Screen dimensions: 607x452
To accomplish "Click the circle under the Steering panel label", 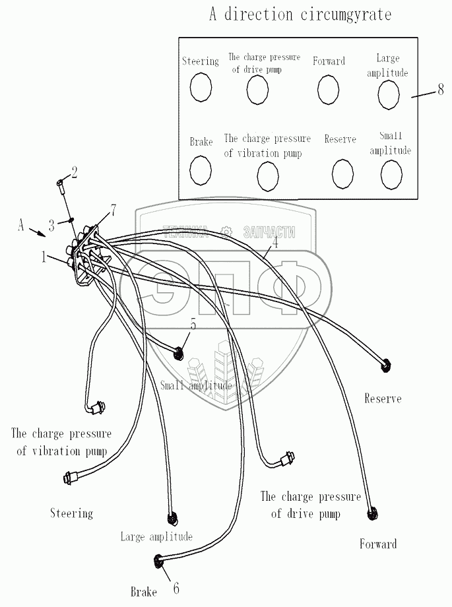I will pyautogui.click(x=201, y=87).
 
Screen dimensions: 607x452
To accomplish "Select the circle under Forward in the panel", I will pyautogui.click(x=328, y=89).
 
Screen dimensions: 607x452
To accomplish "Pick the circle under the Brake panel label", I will pyautogui.click(x=200, y=170).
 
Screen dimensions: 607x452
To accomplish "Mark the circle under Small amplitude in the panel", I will pyautogui.click(x=391, y=174).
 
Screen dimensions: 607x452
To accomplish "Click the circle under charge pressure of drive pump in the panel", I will pyautogui.click(x=257, y=89).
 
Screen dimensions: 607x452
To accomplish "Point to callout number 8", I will pyautogui.click(x=440, y=90).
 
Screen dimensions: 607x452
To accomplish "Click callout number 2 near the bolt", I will pyautogui.click(x=74, y=173).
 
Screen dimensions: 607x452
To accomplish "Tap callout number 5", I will pyautogui.click(x=193, y=323).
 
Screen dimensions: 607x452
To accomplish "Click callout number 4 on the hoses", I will pyautogui.click(x=275, y=242).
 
